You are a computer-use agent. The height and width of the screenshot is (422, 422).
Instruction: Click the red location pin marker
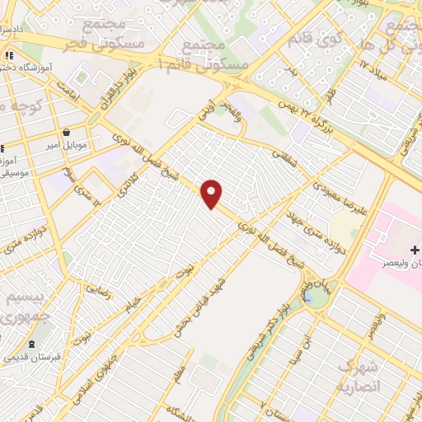(213, 195)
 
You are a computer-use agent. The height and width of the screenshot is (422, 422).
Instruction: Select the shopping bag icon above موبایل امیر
(67, 132)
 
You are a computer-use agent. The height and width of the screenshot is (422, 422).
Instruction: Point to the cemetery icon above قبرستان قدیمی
(32, 344)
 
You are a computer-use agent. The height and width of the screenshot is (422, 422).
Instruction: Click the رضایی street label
(94, 288)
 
